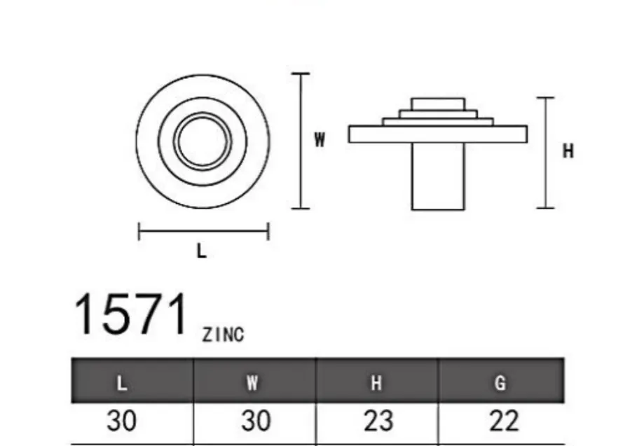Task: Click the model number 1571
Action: click(x=130, y=314)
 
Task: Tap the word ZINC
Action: click(x=223, y=335)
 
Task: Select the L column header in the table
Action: click(x=122, y=384)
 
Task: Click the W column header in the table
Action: click(x=252, y=384)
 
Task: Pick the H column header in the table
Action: click(x=376, y=384)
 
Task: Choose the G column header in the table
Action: click(x=500, y=384)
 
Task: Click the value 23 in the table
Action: click(x=378, y=421)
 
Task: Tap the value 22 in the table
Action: click(x=504, y=421)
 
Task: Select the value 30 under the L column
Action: click(x=122, y=421)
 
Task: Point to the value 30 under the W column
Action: click(x=256, y=421)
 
